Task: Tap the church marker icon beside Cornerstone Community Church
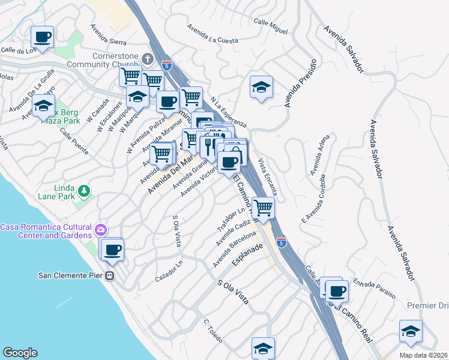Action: click(x=148, y=59)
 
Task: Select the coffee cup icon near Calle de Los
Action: click(x=43, y=37)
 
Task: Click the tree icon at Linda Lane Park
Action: click(x=84, y=191)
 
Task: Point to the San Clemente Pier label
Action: click(x=70, y=276)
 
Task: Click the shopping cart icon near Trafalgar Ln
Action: click(x=263, y=208)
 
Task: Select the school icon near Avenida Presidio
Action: click(x=262, y=88)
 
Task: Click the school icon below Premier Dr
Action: click(x=411, y=331)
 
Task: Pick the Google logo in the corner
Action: click(x=20, y=353)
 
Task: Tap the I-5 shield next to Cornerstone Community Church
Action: click(x=166, y=64)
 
